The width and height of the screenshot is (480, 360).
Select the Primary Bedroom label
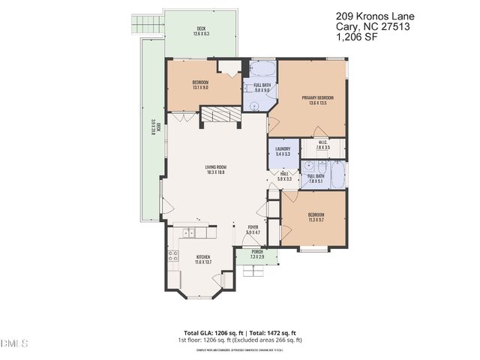[317, 98]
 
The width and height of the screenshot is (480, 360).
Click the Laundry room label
[283, 149]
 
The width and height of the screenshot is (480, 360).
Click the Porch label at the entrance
[256, 252]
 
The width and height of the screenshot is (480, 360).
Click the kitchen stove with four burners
[172, 259]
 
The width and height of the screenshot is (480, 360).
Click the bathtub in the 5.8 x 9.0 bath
[262, 70]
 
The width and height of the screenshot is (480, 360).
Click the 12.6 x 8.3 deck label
[201, 32]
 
